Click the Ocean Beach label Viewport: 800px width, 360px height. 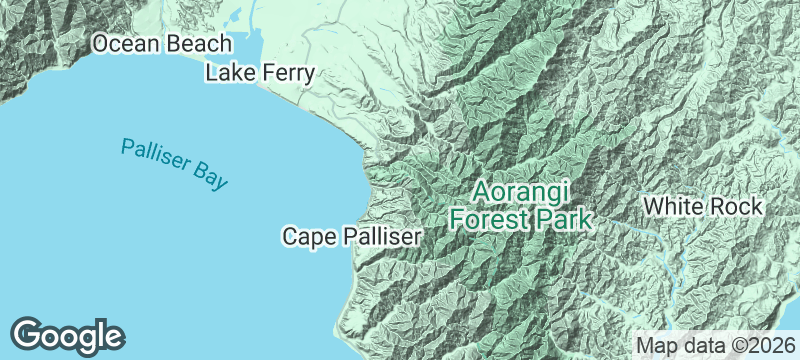(x=162, y=44)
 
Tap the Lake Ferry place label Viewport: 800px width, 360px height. (x=260, y=73)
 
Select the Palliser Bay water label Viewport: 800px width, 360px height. (x=175, y=164)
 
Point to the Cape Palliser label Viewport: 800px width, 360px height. (x=353, y=237)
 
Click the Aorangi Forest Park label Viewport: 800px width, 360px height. (x=520, y=204)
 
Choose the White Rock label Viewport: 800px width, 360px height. (x=703, y=207)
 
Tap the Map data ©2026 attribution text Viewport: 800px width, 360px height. (x=714, y=345)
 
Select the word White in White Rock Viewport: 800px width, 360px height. (x=675, y=207)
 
